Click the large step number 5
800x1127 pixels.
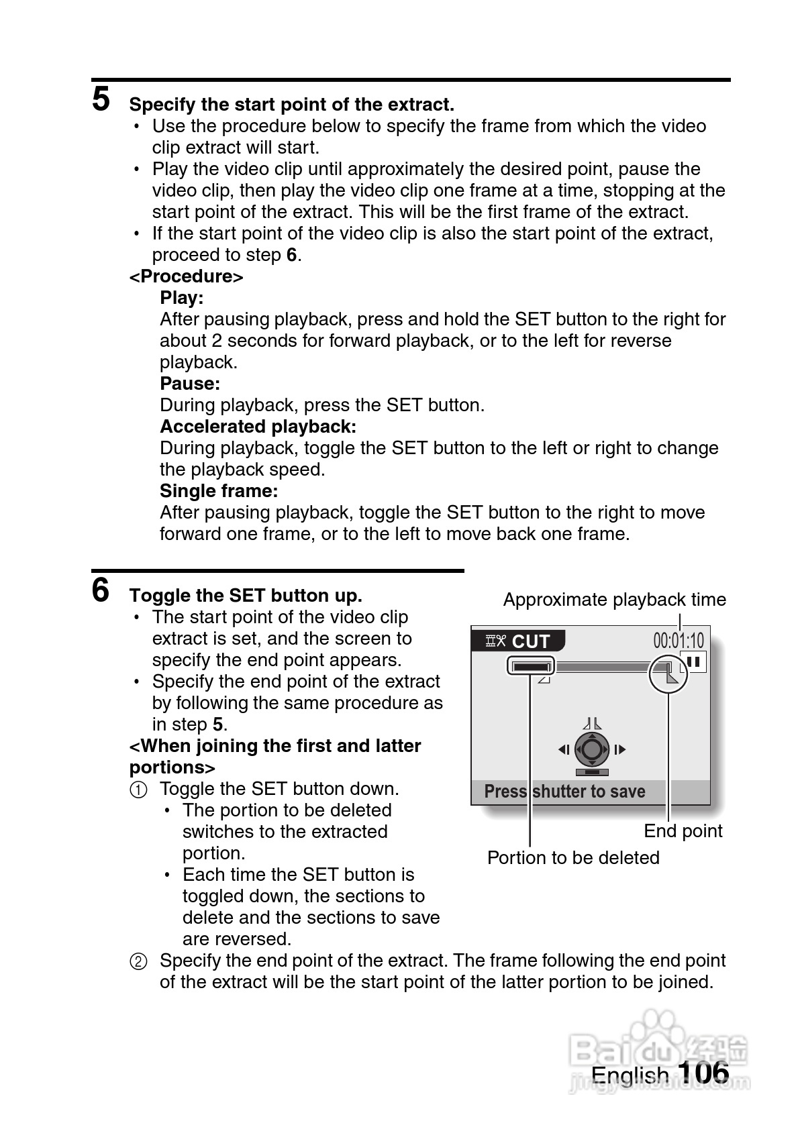[x=101, y=99]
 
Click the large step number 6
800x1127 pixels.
[x=101, y=590]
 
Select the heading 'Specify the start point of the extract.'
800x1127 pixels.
[x=291, y=105]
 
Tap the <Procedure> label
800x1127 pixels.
[x=186, y=276]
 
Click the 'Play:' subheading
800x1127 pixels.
[x=181, y=298]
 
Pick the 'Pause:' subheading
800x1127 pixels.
[x=190, y=384]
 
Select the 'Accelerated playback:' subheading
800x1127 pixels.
[x=258, y=427]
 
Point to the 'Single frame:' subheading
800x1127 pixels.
[x=219, y=491]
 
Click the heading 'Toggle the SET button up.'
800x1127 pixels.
[x=246, y=596]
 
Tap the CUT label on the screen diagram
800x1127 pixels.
[x=530, y=642]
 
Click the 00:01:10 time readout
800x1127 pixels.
[x=679, y=641]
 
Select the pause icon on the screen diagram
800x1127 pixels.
[x=694, y=662]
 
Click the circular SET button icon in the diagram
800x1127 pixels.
[x=591, y=749]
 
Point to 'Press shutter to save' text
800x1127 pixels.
[x=564, y=792]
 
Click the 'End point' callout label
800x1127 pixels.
[x=683, y=831]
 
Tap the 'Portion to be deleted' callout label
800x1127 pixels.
[x=573, y=858]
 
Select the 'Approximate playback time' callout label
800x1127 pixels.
[x=614, y=600]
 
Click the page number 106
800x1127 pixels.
[x=703, y=1073]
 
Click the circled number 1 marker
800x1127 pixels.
[x=138, y=790]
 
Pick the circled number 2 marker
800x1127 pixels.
[x=138, y=961]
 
